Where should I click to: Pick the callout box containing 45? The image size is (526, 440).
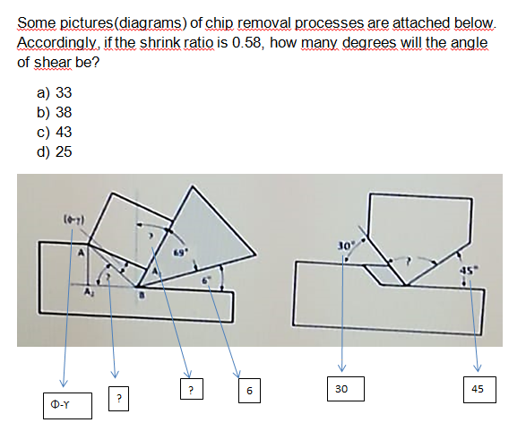[x=477, y=390]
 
